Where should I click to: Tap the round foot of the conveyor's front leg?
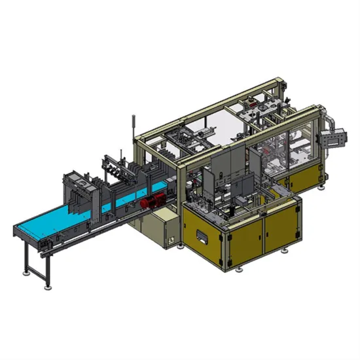tap(47, 287)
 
